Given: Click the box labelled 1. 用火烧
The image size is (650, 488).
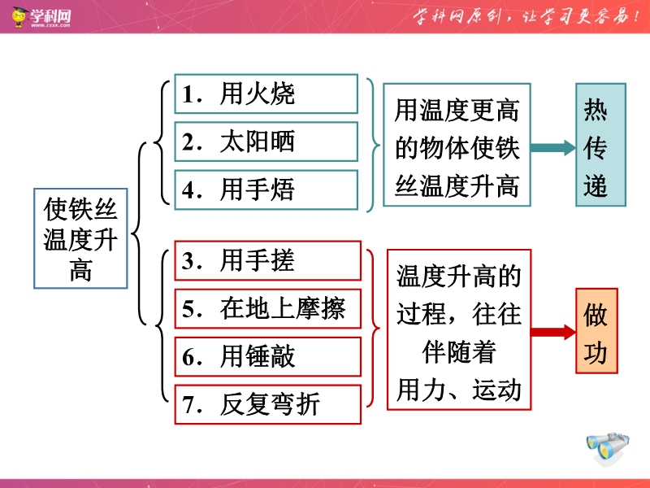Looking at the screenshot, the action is click(x=266, y=94).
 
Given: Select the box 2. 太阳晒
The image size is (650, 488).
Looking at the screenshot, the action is click(x=266, y=142).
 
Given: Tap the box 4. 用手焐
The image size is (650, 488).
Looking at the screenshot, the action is click(x=266, y=190).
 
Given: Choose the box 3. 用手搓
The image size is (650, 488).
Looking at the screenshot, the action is click(x=268, y=261).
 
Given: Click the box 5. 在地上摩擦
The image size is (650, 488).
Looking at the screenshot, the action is click(x=268, y=309).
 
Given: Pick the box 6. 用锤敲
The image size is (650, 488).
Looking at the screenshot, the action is click(x=268, y=357).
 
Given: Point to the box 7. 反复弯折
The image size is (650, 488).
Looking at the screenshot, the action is click(x=268, y=404).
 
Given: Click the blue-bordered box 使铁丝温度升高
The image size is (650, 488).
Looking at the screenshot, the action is click(x=80, y=238).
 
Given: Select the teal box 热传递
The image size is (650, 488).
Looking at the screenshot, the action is click(x=600, y=145).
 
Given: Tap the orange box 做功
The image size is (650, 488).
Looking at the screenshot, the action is click(x=596, y=331).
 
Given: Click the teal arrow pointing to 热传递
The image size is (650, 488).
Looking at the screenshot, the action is click(x=553, y=148).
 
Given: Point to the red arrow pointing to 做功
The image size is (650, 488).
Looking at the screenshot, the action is click(x=553, y=332).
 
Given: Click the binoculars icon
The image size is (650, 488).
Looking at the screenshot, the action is click(x=608, y=447).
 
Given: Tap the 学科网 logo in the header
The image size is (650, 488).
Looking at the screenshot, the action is click(x=41, y=16).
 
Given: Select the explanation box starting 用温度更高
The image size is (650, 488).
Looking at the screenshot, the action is click(x=457, y=145).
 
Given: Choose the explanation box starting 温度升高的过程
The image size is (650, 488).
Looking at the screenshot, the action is click(x=459, y=330).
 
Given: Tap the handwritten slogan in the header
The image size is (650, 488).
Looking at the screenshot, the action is click(x=526, y=16).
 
